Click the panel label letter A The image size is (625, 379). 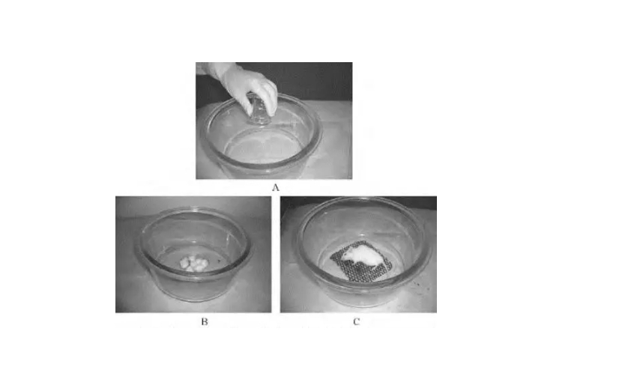[x=275, y=188]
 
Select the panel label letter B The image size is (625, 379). [x=205, y=321]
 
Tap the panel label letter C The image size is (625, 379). [x=357, y=321]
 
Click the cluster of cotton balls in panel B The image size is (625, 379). [x=193, y=264]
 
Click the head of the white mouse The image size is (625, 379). [x=347, y=255]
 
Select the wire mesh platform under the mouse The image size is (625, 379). [x=361, y=262]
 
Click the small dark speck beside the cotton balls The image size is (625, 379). [x=218, y=262]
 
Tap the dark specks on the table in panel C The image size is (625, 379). [x=418, y=285]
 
